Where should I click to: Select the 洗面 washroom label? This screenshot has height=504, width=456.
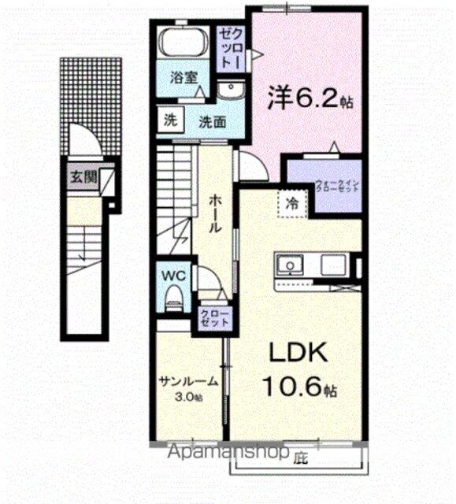(212, 122)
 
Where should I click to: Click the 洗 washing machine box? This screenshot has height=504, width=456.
(171, 121)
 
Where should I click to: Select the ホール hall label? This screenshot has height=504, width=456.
(214, 212)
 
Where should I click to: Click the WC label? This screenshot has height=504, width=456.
(173, 276)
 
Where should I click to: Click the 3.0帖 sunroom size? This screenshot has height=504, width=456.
(189, 396)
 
